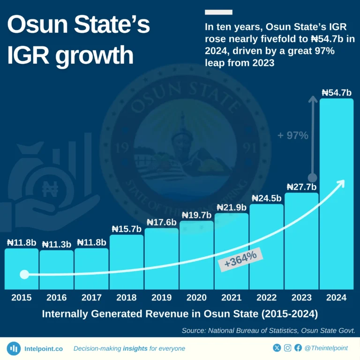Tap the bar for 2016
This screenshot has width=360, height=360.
pos(56,270)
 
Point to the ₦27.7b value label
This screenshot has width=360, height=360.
pos(301,187)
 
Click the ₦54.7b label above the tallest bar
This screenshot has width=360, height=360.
pos(336,93)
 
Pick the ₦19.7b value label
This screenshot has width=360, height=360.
pos(196,215)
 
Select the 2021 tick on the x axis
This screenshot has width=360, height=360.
pos(231,298)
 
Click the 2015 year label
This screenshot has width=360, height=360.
pos(22,298)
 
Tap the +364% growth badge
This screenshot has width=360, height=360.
pos(240,259)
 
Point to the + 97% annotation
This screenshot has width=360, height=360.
pos(293,136)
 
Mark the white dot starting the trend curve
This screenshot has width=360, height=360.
pos(24,274)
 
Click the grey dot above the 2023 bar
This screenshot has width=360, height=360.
pos(312,178)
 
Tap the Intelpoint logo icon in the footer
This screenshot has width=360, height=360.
pos(14,348)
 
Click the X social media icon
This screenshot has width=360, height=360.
pos(277,348)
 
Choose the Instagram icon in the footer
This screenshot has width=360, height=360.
pos(287,348)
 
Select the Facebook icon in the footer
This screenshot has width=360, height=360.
pos(298,348)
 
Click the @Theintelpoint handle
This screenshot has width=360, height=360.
pos(326,348)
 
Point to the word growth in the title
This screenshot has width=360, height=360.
pos(94,55)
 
